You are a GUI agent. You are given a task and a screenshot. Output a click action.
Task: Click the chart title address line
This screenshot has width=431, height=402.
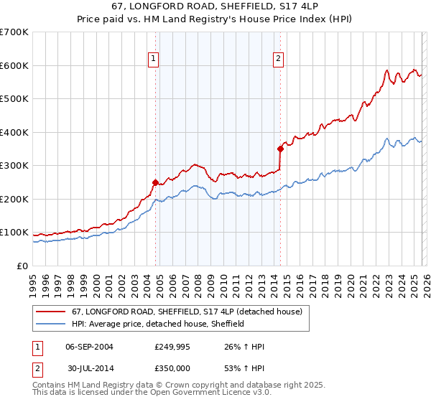tap(215, 7)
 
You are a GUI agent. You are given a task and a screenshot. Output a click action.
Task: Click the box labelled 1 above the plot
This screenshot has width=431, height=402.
tap(154, 60)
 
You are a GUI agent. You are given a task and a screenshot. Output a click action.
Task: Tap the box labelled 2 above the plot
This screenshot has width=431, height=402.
tap(278, 60)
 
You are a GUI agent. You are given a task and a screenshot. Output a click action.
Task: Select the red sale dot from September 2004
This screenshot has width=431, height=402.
tap(155, 182)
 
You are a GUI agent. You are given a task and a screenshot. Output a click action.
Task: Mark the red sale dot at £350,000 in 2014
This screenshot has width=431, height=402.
tap(280, 149)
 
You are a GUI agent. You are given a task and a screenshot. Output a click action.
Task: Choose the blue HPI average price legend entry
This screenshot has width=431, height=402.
tap(158, 324)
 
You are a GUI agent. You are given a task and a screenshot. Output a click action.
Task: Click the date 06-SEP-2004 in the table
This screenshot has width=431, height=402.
tap(89, 347)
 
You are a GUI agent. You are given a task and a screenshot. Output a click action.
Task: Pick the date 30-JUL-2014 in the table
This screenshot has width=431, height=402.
tap(89, 368)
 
